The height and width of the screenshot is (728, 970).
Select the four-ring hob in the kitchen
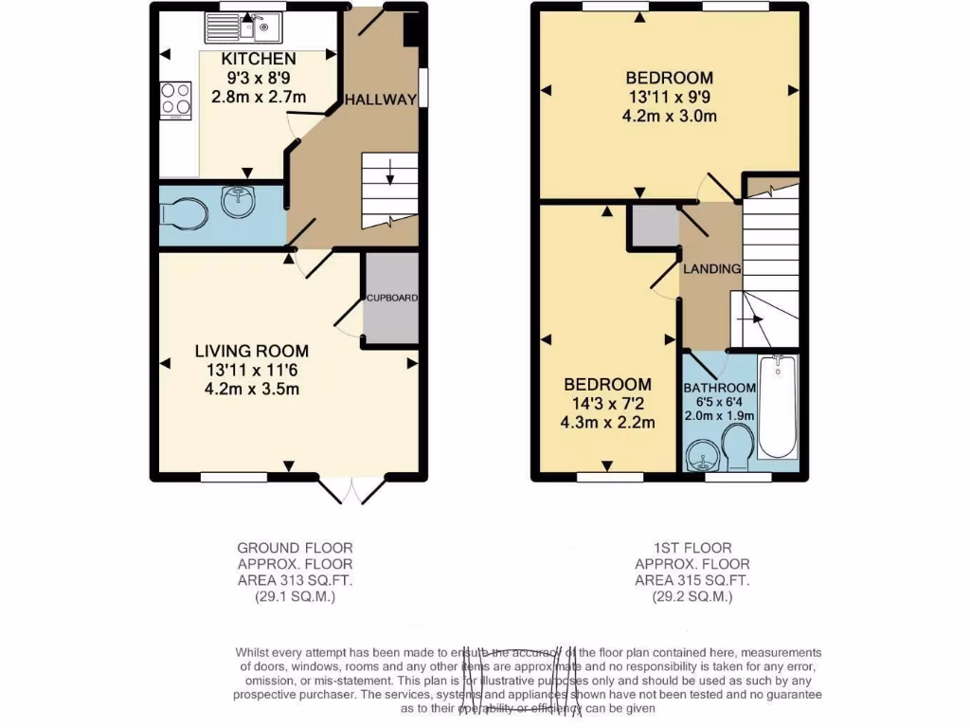(175, 100)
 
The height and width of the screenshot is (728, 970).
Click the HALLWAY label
(380, 100)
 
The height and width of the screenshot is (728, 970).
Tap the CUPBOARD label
(391, 298)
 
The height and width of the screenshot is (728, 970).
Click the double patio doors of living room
(351, 489)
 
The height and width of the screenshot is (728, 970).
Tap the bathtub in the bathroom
(779, 409)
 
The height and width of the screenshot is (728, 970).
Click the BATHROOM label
(720, 388)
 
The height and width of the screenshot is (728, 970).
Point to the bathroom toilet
(736, 446)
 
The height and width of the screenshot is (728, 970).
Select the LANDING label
(711, 269)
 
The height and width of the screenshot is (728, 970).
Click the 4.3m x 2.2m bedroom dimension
(607, 423)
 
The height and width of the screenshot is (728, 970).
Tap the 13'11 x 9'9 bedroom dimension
(669, 98)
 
